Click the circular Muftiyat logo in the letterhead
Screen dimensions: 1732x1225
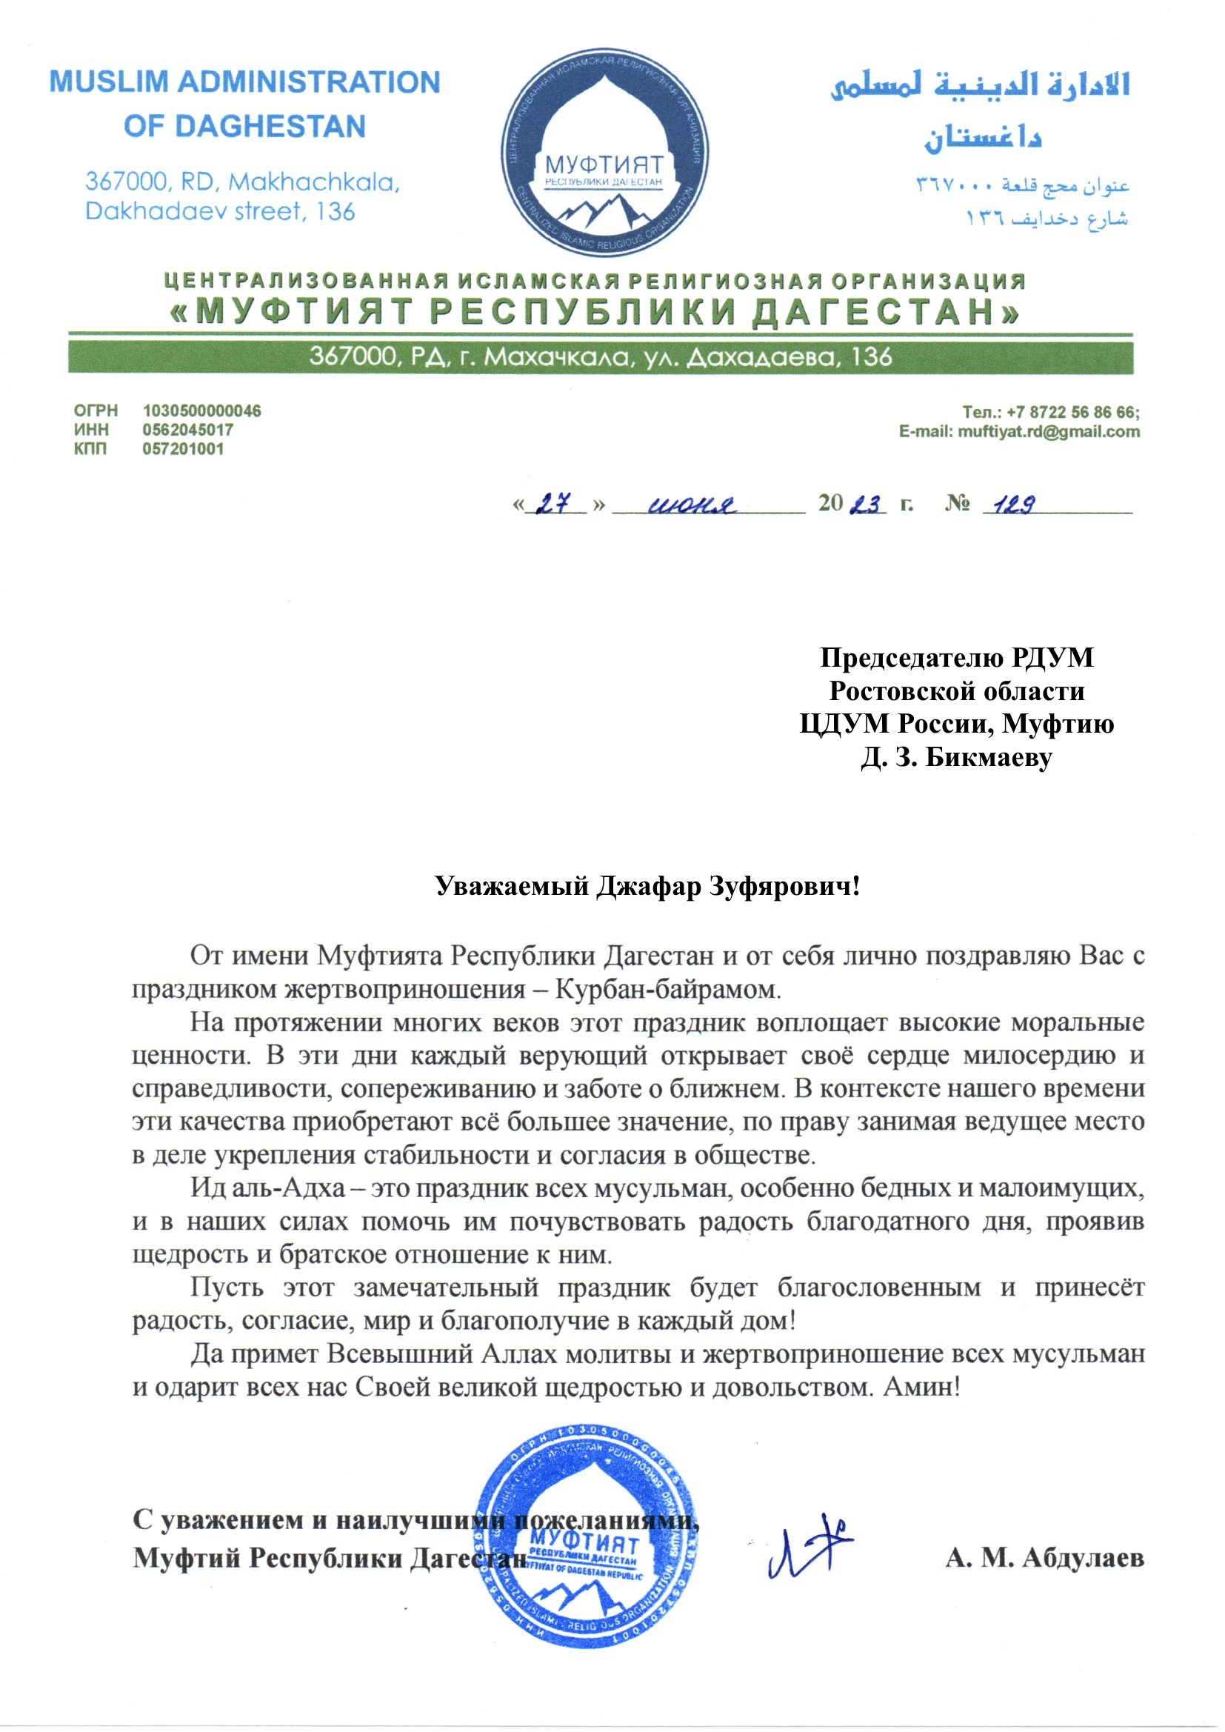[x=604, y=156]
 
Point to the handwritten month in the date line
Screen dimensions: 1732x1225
[x=692, y=504]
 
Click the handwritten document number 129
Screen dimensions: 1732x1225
[x=1014, y=504]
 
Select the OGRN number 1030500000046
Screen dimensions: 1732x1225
[x=201, y=411]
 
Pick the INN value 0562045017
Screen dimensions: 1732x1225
[x=188, y=430]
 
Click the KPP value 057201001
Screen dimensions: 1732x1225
[x=183, y=449]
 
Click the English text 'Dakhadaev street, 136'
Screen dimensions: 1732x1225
[x=219, y=211]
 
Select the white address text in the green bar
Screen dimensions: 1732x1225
[x=601, y=357]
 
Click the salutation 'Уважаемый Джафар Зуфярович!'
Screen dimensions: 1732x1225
[x=648, y=885]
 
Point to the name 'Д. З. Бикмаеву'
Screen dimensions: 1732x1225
[x=956, y=757]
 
